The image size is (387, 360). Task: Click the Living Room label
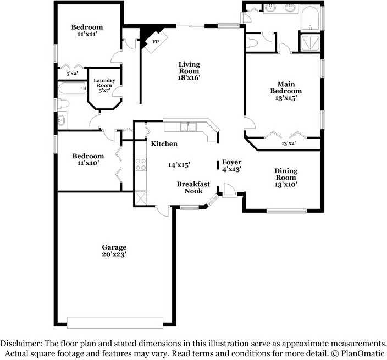[x=189, y=70]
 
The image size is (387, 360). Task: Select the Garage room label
[x=114, y=251]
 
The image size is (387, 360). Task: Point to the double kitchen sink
[x=188, y=128]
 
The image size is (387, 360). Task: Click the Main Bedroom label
[x=285, y=91]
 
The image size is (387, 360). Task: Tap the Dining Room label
[x=286, y=178]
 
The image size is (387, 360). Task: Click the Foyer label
[x=231, y=165]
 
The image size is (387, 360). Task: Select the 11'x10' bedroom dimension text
[x=88, y=164]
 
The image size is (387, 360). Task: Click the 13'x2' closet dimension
[x=289, y=143]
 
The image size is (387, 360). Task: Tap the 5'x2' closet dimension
[x=72, y=73]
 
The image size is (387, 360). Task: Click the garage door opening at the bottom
[x=115, y=322]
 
